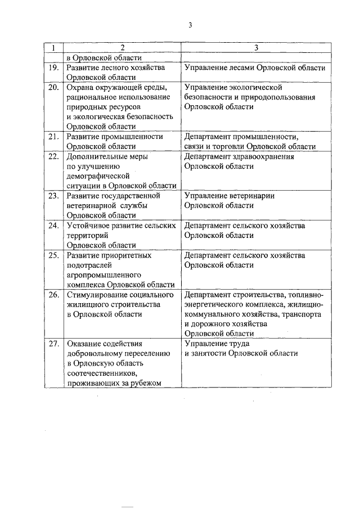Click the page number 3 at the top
191,25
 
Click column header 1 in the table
53,48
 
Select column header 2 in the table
121,48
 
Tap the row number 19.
54,67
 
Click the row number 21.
54,137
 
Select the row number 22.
54,156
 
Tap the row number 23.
54,196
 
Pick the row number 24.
54,226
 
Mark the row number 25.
54,255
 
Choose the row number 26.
54,294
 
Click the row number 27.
54,344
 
